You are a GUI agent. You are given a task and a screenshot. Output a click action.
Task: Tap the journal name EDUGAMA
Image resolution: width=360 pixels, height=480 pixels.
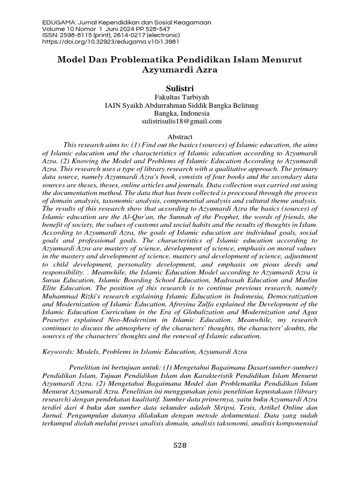tap(58, 22)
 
